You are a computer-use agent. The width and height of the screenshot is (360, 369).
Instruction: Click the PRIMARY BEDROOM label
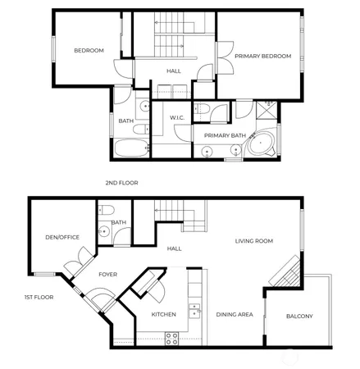pyautogui.click(x=263, y=56)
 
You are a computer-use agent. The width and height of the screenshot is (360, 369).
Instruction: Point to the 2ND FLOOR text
pyautogui.click(x=121, y=182)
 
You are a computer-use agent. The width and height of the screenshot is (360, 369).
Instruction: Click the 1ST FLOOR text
pyautogui.click(x=39, y=297)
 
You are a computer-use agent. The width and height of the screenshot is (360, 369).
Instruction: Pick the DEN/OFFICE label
pyautogui.click(x=62, y=237)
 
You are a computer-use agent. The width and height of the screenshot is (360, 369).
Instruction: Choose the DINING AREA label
pyautogui.click(x=234, y=314)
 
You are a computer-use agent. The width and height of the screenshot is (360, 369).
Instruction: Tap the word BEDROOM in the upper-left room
pyautogui.click(x=89, y=51)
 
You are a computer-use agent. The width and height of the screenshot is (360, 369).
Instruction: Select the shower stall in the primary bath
pyautogui.click(x=267, y=110)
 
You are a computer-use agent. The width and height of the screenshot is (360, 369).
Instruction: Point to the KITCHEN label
pyautogui.click(x=164, y=314)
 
